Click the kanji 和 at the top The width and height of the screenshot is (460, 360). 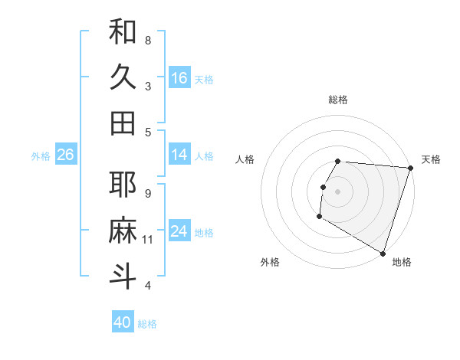[x=123, y=33]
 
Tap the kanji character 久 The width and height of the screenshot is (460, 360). [x=123, y=78]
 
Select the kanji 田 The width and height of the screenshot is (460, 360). [x=123, y=123]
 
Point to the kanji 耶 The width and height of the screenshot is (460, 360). [x=123, y=185]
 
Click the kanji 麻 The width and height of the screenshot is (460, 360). [x=123, y=231]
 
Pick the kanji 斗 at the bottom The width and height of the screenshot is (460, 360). [x=123, y=277]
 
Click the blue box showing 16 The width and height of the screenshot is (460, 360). [x=179, y=78]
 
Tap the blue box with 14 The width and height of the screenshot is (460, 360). [x=179, y=155]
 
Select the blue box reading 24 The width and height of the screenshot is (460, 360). [x=179, y=231]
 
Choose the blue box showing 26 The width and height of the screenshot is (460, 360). [x=66, y=155]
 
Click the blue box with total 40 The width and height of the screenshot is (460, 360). [x=123, y=322]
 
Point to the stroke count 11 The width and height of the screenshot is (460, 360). [x=148, y=240]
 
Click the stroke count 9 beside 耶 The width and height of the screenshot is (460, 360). [x=148, y=193]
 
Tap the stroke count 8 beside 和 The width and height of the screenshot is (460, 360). [x=148, y=40]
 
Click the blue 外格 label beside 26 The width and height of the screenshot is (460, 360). [x=41, y=156]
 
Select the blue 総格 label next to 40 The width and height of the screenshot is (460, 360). [x=147, y=324]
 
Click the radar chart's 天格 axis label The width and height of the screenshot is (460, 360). [x=431, y=159]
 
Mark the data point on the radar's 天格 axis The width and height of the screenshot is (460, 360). [x=410, y=168]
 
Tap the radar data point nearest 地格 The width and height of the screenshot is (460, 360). [x=382, y=253]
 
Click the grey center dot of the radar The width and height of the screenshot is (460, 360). [x=337, y=191]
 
